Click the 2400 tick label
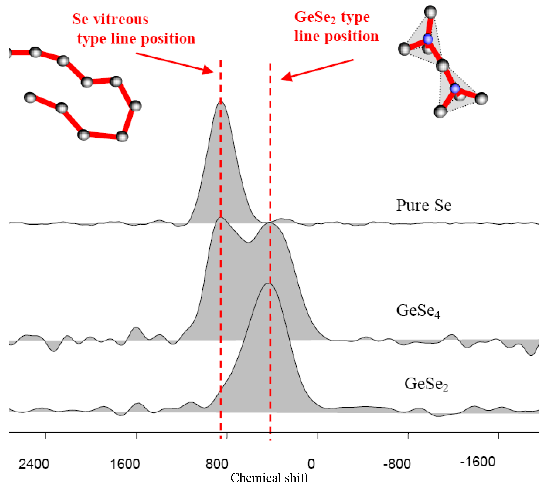point(34,464)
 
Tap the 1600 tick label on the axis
point(125,464)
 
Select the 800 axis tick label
point(217,464)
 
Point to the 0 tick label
point(311,464)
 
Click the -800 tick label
point(397,464)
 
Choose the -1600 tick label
point(477,462)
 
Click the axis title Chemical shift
point(269,478)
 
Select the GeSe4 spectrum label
point(418,311)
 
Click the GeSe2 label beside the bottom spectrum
point(426,384)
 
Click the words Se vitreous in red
point(110,19)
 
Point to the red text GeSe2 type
point(332,17)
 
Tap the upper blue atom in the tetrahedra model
point(428,39)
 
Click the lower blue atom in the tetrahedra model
point(455,88)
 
